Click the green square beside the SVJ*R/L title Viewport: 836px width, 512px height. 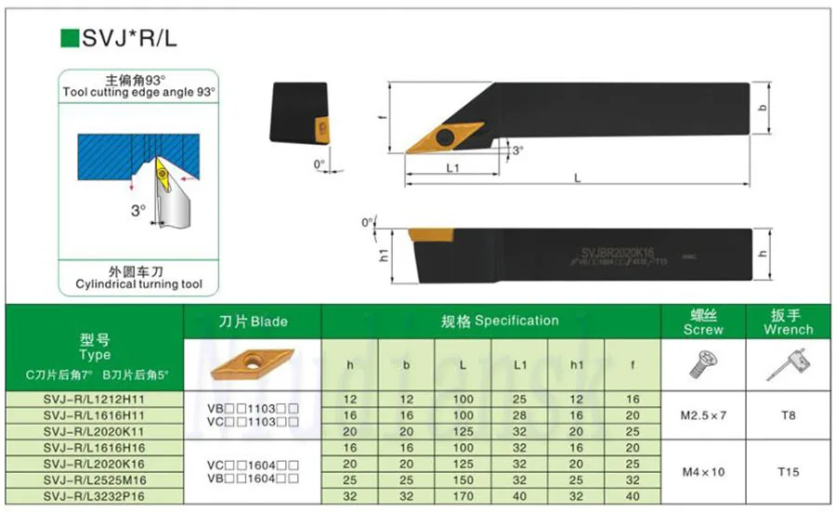68,37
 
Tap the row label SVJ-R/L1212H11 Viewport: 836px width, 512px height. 94,398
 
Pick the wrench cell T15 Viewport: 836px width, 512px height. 787,472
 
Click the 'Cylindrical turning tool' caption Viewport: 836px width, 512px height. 138,284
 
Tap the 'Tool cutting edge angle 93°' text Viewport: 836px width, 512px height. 138,93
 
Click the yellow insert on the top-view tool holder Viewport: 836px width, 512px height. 435,138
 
